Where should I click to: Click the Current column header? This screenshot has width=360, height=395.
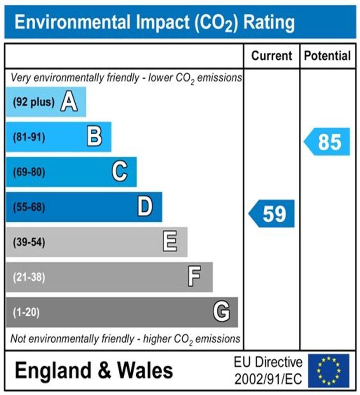coord(272,56)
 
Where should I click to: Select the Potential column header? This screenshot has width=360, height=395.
coord(328,56)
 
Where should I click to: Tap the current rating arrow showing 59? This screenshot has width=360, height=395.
coord(272,214)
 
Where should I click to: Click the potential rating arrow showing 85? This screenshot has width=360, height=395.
coord(328,142)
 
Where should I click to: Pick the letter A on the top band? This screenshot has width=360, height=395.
coord(69,102)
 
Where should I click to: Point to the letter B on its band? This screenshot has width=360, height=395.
coord(95,137)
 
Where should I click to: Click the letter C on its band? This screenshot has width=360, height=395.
coord(120,172)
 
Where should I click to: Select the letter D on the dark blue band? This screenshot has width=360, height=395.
coord(145,207)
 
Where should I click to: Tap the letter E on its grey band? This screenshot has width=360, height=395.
coord(170,242)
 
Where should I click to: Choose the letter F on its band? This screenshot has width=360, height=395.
coord(194,277)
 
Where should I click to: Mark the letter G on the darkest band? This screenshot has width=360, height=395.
coord(221,312)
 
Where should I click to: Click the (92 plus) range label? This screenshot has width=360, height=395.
coord(34,103)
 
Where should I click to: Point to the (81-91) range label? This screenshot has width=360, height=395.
coord(29,137)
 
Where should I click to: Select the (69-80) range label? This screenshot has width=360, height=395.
coord(29,172)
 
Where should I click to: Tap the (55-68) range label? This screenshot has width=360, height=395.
coord(29,208)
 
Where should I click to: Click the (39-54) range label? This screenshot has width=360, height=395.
coord(29,243)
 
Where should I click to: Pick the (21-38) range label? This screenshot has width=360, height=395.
coord(29,277)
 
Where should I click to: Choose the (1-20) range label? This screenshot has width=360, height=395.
coord(26,312)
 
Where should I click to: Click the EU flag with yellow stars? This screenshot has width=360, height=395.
coord(328,371)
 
